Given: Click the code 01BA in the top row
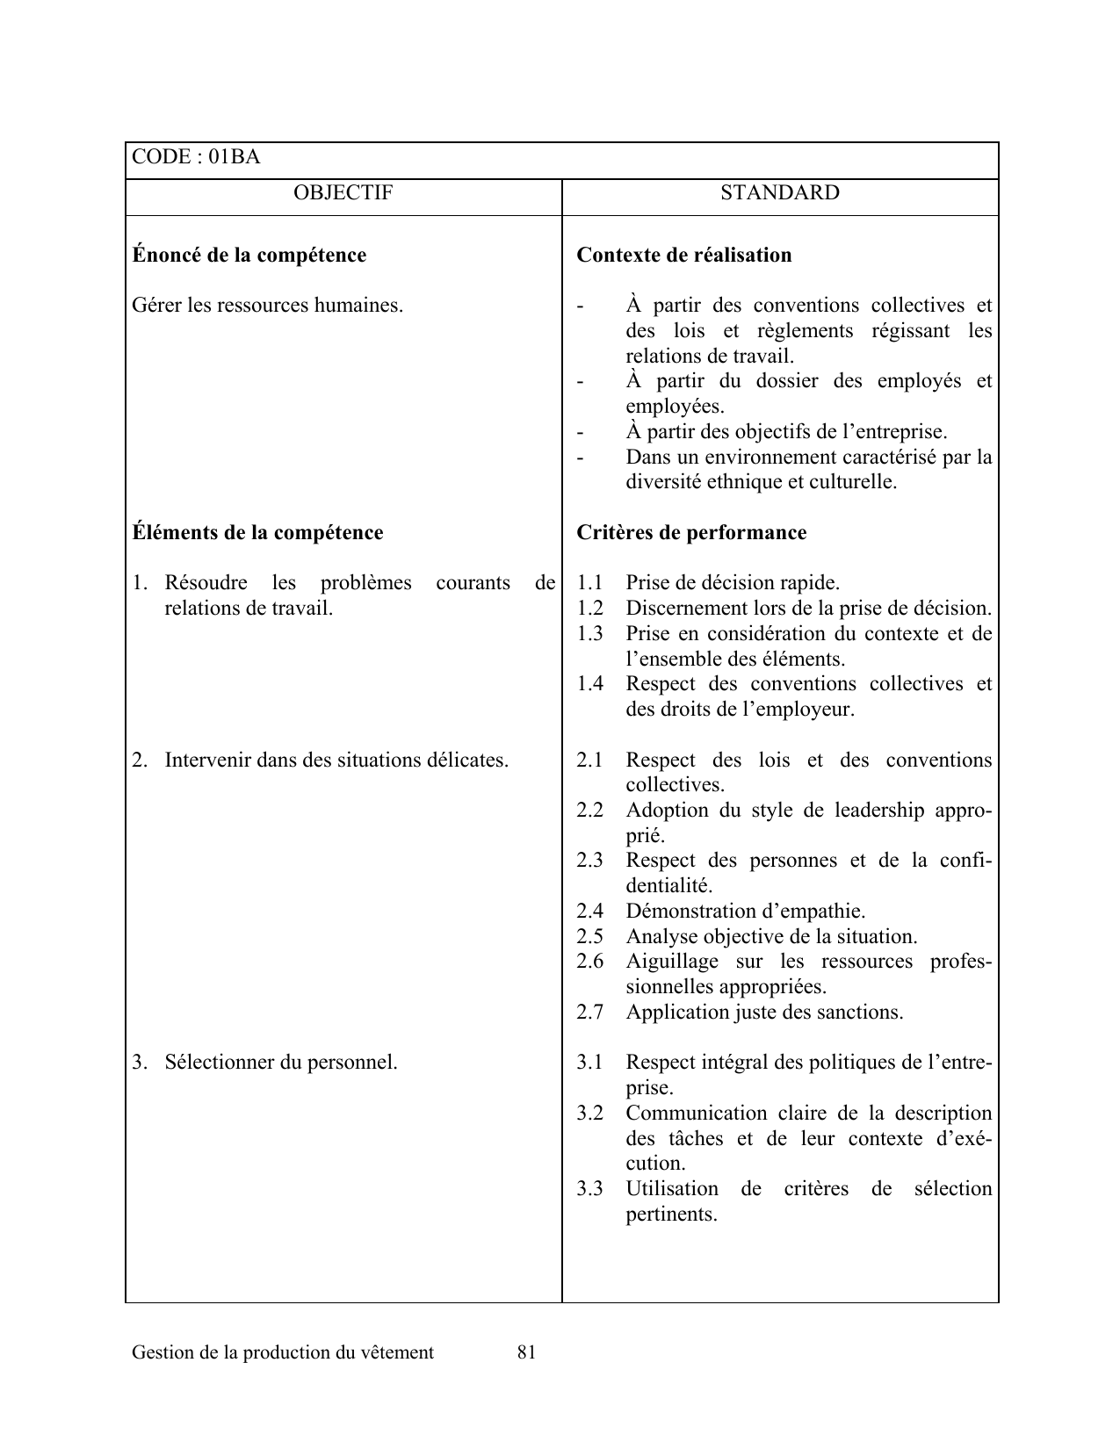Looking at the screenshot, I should click(235, 157).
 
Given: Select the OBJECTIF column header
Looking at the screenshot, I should click(343, 193).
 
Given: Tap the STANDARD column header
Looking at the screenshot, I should click(780, 193).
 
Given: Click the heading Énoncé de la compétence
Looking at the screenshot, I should click(249, 256).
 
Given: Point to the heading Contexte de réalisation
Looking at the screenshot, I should click(683, 256).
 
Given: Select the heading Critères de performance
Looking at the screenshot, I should click(691, 533).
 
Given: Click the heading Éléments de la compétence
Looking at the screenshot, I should click(257, 533).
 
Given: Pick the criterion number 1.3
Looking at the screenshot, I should click(589, 634).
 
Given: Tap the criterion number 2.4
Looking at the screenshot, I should click(589, 912).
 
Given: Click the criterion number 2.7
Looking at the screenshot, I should click(589, 1013).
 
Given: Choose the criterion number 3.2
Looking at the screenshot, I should click(589, 1114).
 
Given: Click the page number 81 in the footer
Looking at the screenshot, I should click(526, 1352).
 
